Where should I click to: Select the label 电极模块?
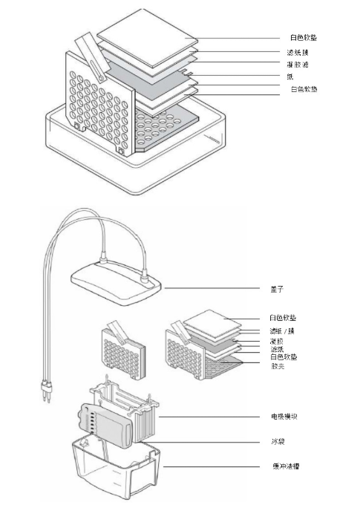pyautogui.click(x=284, y=417)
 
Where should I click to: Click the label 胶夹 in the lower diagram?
pyautogui.click(x=278, y=366)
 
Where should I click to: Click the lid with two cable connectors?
pyautogui.click(x=117, y=283)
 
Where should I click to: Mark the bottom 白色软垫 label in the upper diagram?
pyautogui.click(x=304, y=88)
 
